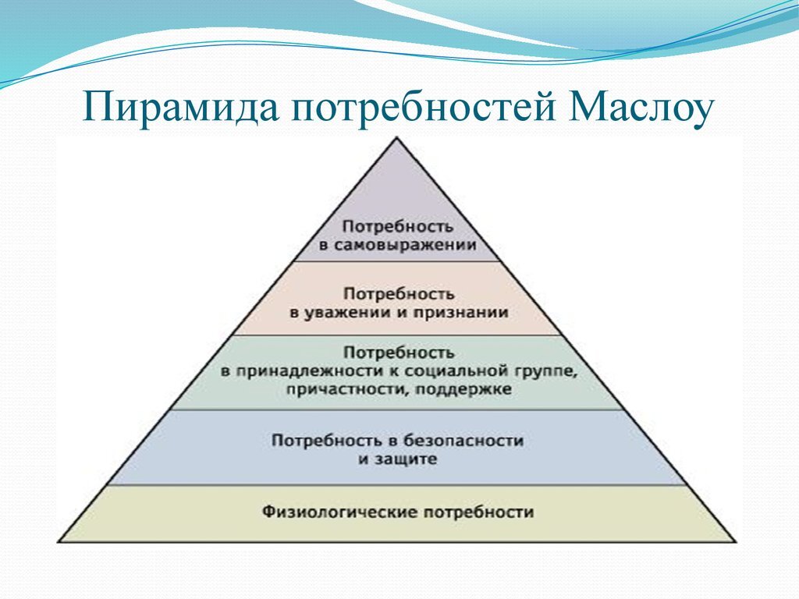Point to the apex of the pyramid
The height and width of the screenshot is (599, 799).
pos(398,138)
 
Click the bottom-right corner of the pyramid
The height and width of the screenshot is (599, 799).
pos(735,541)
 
